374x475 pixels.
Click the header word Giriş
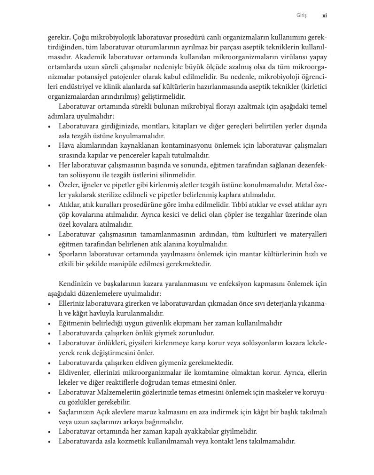pyautogui.click(x=301, y=16)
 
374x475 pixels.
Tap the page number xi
pyautogui.click(x=324, y=16)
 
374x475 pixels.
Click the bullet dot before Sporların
pyautogui.click(x=50, y=254)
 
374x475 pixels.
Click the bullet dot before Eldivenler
pyautogui.click(x=50, y=372)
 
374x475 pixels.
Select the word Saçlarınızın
pyautogui.click(x=78, y=412)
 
